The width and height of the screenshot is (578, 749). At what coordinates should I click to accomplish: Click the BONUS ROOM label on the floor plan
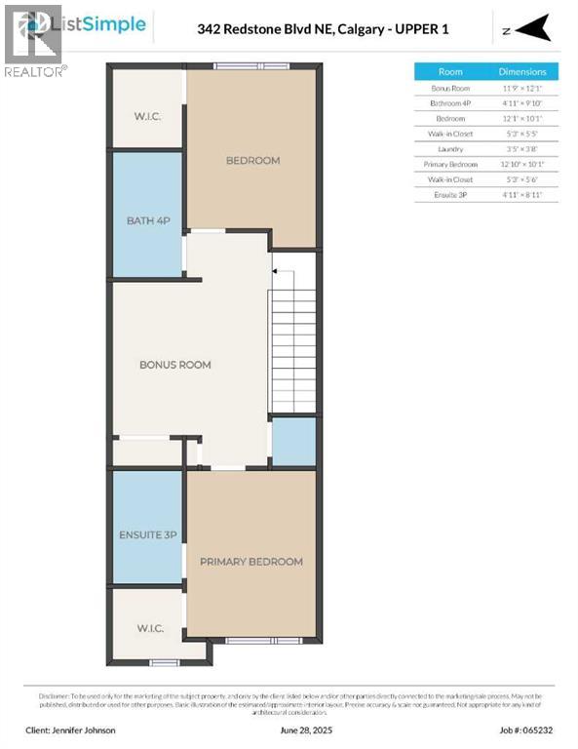174,365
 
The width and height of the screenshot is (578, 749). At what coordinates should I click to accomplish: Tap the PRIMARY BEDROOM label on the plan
250,562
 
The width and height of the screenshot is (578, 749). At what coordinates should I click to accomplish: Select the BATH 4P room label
148,221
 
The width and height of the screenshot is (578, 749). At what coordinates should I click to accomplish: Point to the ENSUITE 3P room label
148,535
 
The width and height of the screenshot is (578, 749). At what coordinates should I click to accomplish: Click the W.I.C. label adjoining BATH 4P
148,117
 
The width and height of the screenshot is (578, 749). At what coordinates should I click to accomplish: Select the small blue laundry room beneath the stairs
293,442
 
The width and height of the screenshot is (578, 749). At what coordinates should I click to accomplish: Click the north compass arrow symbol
531,30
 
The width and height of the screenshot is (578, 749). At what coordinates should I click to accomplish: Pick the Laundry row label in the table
450,149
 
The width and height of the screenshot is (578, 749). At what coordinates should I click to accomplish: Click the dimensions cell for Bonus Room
522,88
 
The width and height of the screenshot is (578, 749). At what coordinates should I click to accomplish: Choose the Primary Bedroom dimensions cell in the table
522,165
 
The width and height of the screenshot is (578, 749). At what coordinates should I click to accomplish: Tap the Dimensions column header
522,71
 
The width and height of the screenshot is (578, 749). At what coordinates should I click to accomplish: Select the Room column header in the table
450,71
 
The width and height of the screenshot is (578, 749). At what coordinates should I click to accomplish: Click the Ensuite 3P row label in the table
450,195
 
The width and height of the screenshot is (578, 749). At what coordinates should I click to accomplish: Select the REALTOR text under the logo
35,71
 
